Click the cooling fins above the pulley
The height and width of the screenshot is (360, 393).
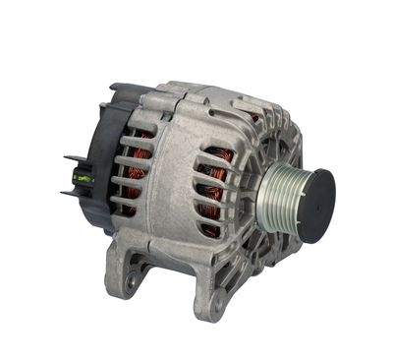280,138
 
